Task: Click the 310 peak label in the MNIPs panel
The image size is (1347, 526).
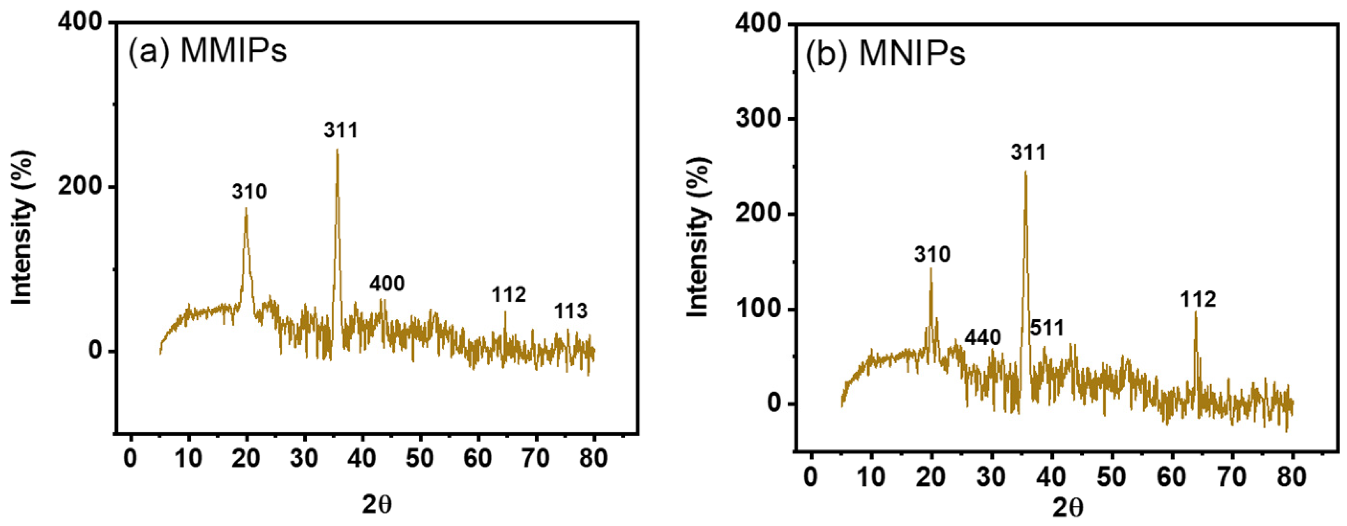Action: pyautogui.click(x=932, y=255)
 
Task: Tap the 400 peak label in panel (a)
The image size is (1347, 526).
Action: pyautogui.click(x=387, y=283)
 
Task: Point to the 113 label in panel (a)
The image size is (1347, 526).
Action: pyautogui.click(x=570, y=311)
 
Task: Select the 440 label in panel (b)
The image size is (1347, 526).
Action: pyautogui.click(x=983, y=338)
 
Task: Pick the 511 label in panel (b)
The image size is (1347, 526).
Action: pyautogui.click(x=1047, y=328)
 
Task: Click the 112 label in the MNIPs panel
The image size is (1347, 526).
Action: pyautogui.click(x=1198, y=300)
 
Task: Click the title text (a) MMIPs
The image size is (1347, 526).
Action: pyautogui.click(x=208, y=51)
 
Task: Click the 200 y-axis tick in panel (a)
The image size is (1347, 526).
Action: pyautogui.click(x=79, y=187)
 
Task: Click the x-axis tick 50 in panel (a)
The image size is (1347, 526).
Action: pyautogui.click(x=420, y=459)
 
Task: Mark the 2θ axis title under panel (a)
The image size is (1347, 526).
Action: pyautogui.click(x=377, y=505)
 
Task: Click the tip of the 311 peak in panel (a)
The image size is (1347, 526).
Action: pyautogui.click(x=337, y=150)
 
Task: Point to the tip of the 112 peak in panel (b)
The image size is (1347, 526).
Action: pyautogui.click(x=1195, y=312)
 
